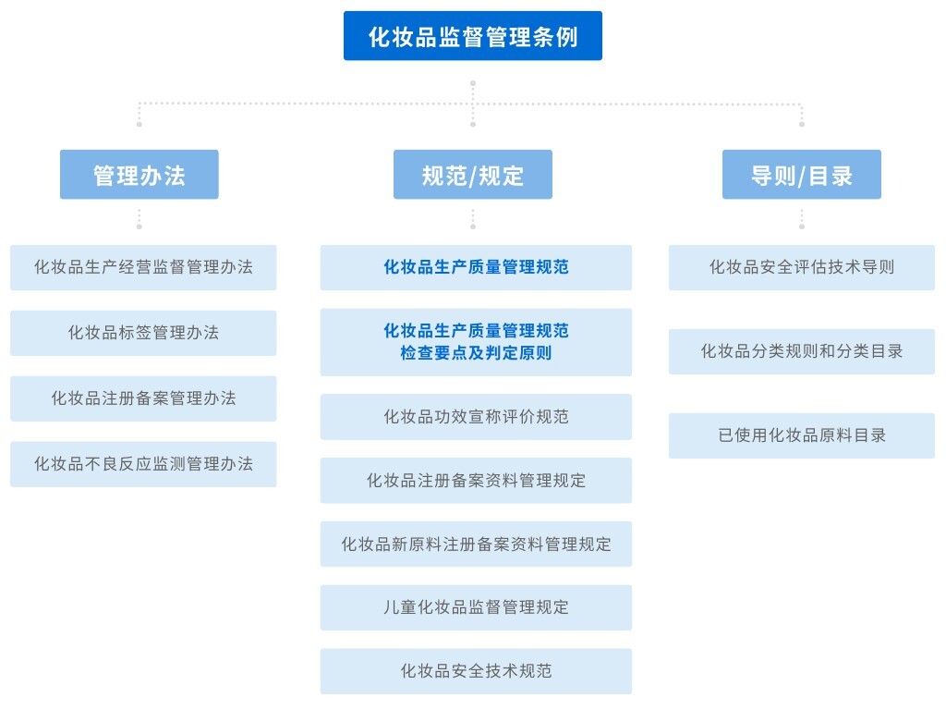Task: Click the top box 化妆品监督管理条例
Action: coord(472,36)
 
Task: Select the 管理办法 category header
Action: coord(139,175)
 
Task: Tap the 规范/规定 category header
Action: coord(472,175)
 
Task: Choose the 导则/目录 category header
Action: coord(801,175)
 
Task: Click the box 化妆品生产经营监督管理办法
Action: coord(143,267)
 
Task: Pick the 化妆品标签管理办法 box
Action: coord(143,333)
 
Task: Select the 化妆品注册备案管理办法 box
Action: coord(143,398)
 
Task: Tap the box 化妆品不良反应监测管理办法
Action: coord(143,464)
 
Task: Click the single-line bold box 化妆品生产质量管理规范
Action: coord(476,267)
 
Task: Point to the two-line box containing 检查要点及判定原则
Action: coord(476,342)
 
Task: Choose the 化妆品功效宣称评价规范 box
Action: coord(476,417)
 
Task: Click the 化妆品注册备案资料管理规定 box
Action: coord(476,481)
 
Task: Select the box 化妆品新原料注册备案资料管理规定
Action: coord(476,545)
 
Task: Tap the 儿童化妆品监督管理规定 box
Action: coord(476,607)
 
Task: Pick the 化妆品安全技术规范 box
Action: coord(476,671)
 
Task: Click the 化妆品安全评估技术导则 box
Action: coord(801,267)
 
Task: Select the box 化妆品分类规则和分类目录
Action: coord(801,351)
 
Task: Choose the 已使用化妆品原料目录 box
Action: coord(801,435)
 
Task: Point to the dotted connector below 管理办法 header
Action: coord(139,219)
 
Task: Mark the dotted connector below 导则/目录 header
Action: coord(801,219)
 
